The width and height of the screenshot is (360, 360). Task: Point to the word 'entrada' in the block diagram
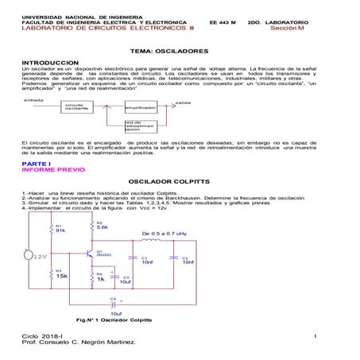point(33,100)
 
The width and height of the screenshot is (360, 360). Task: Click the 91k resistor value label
point(60,230)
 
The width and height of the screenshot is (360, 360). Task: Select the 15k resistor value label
point(62,275)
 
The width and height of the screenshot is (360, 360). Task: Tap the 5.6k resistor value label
point(103,226)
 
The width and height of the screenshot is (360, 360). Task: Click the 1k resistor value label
point(101,279)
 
